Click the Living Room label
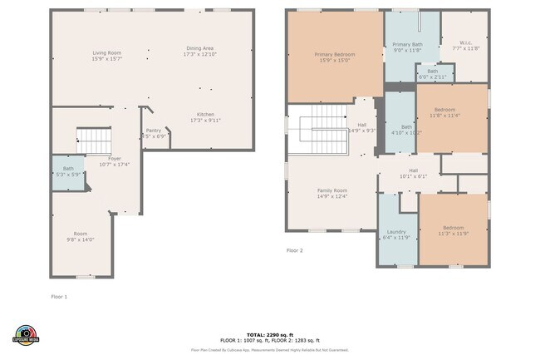106,52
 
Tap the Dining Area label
199,49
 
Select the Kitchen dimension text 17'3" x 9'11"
205,120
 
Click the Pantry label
153,130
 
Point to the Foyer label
115,158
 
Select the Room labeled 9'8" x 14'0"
80,236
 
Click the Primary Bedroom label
334,55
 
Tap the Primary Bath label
407,44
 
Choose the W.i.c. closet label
466,43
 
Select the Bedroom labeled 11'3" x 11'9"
453,228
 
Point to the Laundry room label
395,232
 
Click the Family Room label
332,190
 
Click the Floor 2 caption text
295,250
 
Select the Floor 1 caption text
59,296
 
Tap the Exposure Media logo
26,334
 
